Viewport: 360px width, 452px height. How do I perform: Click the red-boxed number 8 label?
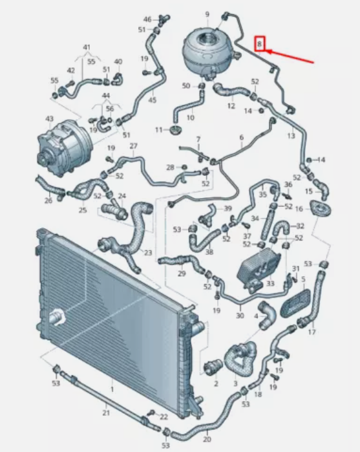click(259, 44)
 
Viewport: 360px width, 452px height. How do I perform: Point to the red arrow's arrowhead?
click(269, 52)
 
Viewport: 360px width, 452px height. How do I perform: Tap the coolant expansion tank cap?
click(207, 38)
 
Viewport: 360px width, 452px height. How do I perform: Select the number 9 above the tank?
click(207, 14)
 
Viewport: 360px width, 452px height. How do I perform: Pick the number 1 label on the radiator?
click(112, 389)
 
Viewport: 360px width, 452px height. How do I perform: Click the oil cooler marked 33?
click(259, 268)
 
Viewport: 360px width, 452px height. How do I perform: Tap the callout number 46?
click(147, 19)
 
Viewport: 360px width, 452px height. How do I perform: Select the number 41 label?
click(87, 47)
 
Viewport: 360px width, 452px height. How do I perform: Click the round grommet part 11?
click(175, 130)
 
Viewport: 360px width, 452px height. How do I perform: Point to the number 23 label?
click(148, 253)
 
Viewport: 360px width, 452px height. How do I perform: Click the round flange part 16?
click(320, 209)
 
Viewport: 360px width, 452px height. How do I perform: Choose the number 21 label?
click(106, 413)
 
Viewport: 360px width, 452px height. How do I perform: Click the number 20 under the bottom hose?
click(207, 439)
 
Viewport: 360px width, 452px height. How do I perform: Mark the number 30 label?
click(240, 316)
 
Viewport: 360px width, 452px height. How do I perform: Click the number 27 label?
click(133, 146)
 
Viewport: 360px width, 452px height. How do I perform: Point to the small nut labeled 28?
click(184, 167)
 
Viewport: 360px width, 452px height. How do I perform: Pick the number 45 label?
click(152, 100)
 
